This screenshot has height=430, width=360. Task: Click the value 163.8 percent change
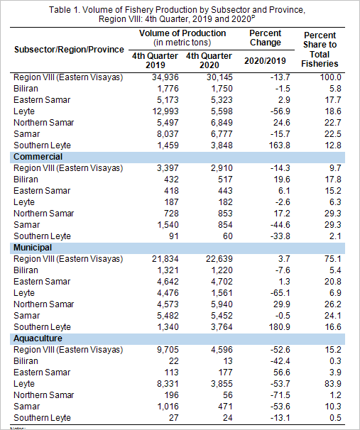tap(279, 145)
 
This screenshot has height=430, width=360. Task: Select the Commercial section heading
tap(38, 157)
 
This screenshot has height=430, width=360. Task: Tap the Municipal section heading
tap(33, 248)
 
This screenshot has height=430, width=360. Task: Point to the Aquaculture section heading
tap(38, 338)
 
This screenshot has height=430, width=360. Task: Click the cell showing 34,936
tap(165, 77)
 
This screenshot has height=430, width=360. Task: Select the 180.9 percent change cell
tap(279, 327)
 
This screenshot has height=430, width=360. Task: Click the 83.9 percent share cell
tap(333, 384)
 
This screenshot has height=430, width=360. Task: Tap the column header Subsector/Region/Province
tap(69, 50)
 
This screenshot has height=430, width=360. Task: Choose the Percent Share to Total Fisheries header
tap(320, 50)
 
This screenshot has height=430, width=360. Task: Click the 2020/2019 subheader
tap(265, 60)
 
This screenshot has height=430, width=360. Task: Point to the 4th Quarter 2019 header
tap(155, 60)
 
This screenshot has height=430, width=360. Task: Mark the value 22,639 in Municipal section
tap(219, 259)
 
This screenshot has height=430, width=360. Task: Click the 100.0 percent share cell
tap(331, 77)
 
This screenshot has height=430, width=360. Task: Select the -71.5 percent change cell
tap(280, 395)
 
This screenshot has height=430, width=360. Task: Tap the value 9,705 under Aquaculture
tap(168, 350)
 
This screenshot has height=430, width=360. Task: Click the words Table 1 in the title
tap(64, 10)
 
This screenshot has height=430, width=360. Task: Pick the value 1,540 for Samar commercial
tap(168, 225)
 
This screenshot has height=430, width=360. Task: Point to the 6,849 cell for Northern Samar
tap(222, 123)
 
